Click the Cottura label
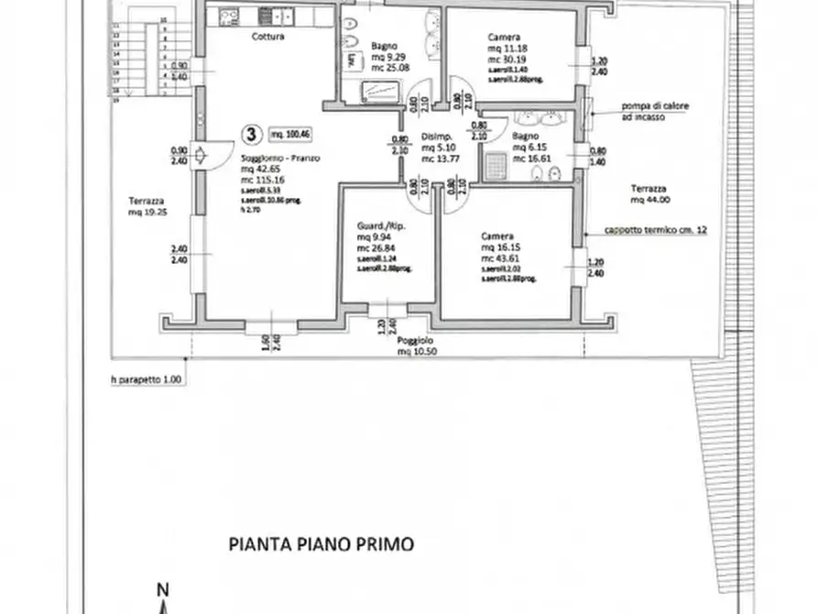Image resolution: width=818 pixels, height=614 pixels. (267, 38)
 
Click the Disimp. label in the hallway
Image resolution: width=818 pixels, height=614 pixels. (432, 138)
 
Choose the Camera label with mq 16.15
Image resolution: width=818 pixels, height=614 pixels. (497, 236)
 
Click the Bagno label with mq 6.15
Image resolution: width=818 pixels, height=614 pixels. (524, 135)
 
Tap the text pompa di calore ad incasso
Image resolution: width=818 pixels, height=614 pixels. (641, 111)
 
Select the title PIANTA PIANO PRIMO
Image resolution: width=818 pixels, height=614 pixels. (321, 543)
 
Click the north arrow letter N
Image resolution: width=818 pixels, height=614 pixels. (161, 589)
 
